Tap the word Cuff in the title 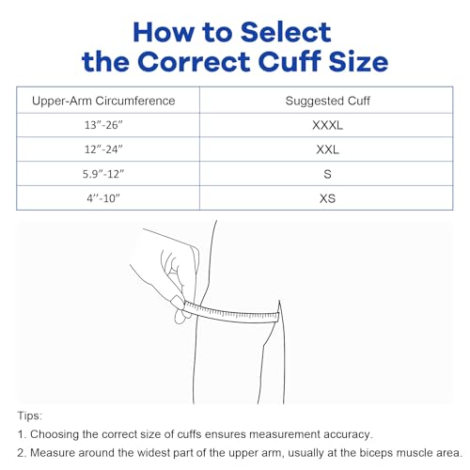pyautogui.click(x=289, y=62)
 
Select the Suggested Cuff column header pyautogui.click(x=326, y=100)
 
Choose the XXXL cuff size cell pyautogui.click(x=326, y=125)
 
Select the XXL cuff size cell pyautogui.click(x=326, y=149)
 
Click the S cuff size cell pyautogui.click(x=326, y=174)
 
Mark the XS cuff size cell pyautogui.click(x=326, y=198)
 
